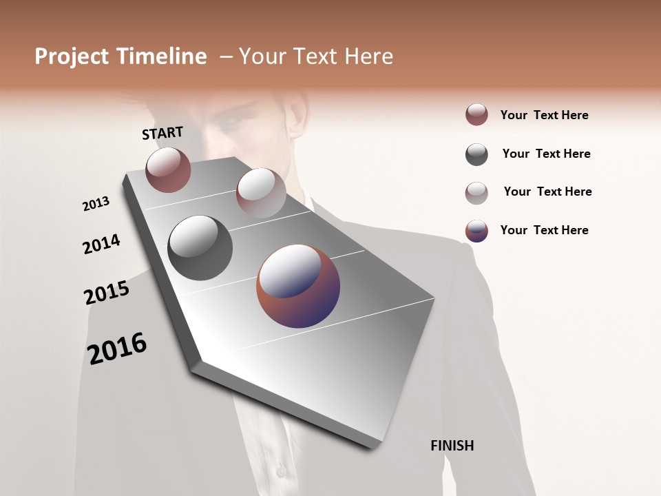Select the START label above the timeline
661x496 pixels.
click(162, 133)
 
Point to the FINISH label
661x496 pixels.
click(452, 446)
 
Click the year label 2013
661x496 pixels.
click(96, 204)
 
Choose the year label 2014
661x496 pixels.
click(101, 244)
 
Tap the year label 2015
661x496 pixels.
click(107, 293)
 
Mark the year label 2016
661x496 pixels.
click(117, 348)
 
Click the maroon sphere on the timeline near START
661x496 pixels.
click(168, 169)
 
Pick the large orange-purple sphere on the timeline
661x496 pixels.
click(298, 286)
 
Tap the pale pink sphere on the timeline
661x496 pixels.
click(261, 193)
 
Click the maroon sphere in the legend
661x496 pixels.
click(476, 114)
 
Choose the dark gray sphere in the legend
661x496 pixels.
click(476, 154)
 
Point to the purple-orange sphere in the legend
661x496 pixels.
click(476, 231)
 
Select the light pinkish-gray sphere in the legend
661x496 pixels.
click(476, 193)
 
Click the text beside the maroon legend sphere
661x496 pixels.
click(544, 115)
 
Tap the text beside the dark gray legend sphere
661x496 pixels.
click(546, 154)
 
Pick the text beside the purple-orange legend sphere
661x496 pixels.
click(544, 230)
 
